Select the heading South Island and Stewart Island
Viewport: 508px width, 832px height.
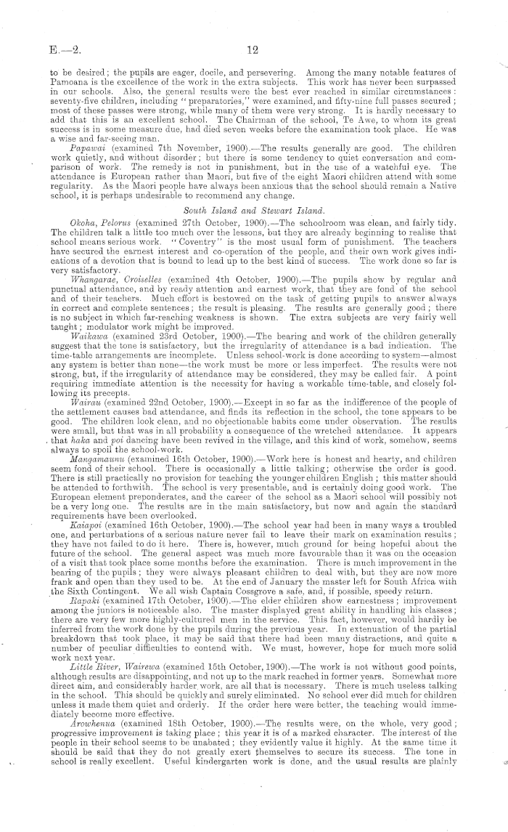click(x=253, y=190)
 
